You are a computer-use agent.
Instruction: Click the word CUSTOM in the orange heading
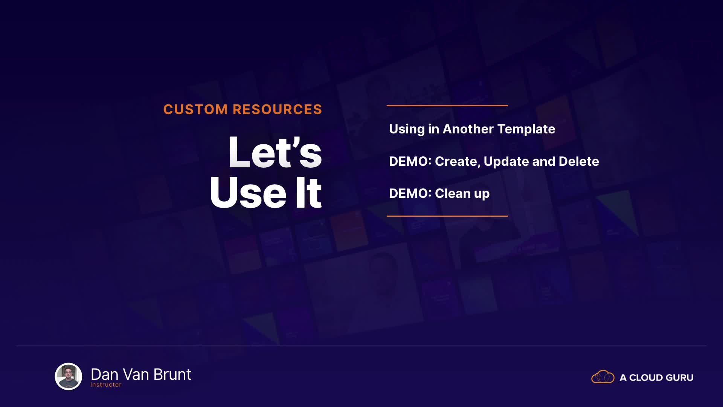pyautogui.click(x=195, y=109)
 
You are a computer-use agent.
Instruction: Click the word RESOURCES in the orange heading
pyautogui.click(x=278, y=109)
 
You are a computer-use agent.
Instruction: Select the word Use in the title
pyautogui.click(x=248, y=193)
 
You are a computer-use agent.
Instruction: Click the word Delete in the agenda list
pyautogui.click(x=579, y=161)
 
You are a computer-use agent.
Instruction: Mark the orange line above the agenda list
pyautogui.click(x=447, y=106)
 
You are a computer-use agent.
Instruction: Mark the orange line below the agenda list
pyautogui.click(x=447, y=216)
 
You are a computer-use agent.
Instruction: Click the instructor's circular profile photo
pyautogui.click(x=69, y=376)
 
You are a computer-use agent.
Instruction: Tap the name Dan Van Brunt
pyautogui.click(x=141, y=374)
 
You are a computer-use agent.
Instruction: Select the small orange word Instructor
pyautogui.click(x=106, y=385)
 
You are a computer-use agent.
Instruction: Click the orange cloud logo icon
pyautogui.click(x=603, y=376)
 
